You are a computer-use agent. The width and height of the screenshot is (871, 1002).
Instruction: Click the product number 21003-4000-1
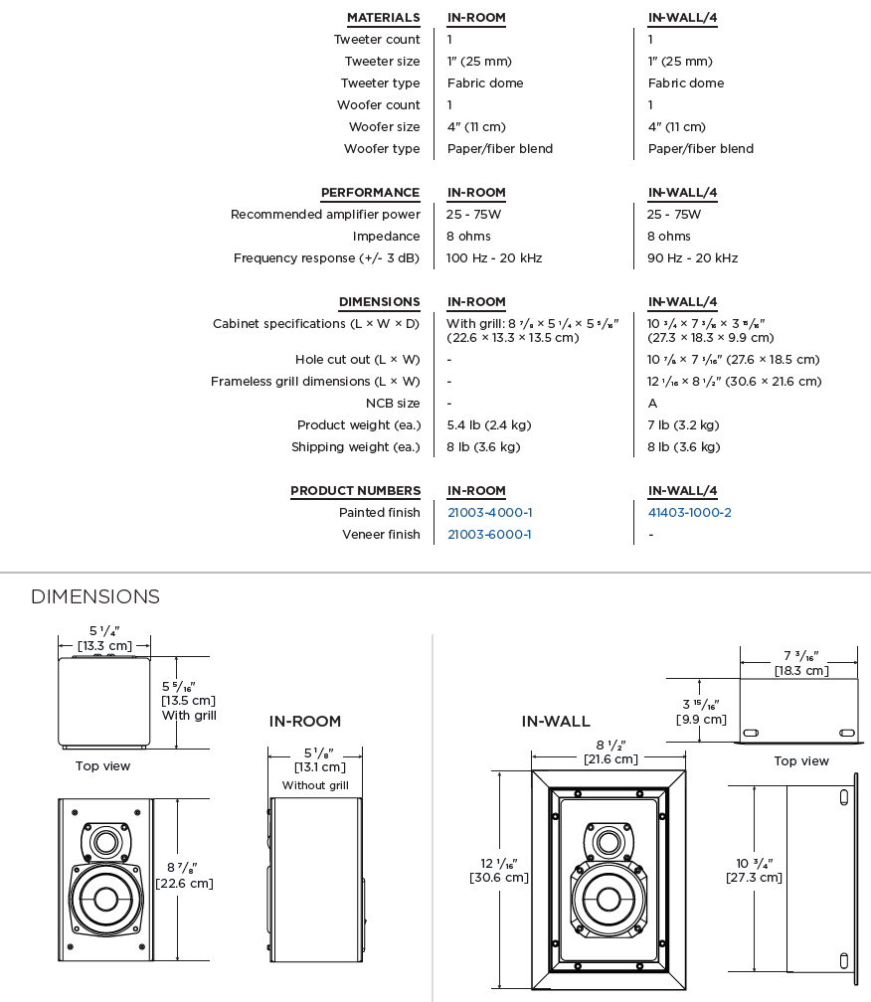489,513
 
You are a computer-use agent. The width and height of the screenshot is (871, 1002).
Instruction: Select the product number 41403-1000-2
689,513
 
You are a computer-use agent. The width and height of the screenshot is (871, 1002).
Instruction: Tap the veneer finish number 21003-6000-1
489,535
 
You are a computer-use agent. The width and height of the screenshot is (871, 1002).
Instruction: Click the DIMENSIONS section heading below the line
95,596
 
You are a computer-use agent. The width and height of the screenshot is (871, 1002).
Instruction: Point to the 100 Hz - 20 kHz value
494,258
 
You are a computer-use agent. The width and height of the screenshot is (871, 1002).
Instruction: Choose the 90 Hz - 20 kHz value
692,258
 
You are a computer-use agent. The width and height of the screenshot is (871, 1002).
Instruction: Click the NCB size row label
393,404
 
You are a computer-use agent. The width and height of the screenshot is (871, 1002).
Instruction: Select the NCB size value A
652,404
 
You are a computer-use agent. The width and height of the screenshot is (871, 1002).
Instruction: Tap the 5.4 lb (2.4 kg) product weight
489,425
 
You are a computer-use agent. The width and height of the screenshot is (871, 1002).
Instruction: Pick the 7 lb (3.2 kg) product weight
683,425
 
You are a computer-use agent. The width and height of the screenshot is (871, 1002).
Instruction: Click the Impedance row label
386,237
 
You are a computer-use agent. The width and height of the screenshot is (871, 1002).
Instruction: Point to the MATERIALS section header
383,18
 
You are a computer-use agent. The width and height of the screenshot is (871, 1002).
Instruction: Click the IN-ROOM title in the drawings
305,722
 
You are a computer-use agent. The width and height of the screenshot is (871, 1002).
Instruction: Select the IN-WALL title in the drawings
556,722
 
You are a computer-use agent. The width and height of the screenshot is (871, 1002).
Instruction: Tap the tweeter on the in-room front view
104,842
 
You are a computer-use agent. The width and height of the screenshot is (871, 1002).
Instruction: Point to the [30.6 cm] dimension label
499,878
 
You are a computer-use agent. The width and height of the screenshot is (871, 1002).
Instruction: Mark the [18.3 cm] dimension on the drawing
802,671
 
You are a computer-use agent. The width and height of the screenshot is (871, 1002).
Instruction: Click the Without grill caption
315,785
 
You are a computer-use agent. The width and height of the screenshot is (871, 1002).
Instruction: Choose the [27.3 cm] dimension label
754,878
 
